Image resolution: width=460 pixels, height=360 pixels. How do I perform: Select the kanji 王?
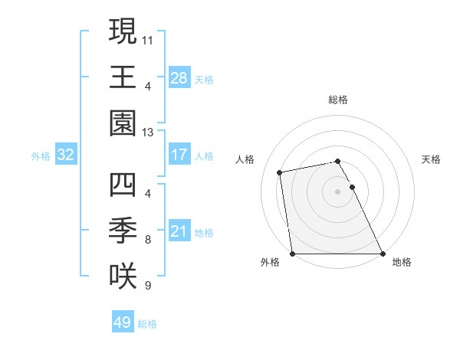coord(123,77)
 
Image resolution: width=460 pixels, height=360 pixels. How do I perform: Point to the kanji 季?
coord(123,230)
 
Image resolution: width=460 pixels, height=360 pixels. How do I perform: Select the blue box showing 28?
coord(179,78)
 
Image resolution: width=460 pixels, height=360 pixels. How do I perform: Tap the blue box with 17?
coord(179,155)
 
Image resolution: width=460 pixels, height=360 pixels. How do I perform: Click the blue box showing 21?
coord(179,231)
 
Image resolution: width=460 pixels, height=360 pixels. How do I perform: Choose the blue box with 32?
coord(66,155)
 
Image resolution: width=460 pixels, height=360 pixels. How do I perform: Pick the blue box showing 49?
coord(122,322)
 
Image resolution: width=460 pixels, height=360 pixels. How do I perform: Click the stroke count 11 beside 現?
coord(148,37)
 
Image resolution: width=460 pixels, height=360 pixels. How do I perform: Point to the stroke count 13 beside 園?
coord(148,132)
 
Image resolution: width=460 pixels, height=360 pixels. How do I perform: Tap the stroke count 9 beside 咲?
coord(147,286)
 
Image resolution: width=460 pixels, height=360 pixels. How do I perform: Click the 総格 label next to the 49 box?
coord(147,324)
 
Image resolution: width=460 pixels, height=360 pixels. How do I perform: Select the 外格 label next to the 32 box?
coord(41,156)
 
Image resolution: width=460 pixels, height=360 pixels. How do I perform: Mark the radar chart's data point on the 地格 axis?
coord(383,254)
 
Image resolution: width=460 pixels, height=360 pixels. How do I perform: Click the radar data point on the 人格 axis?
coord(281,172)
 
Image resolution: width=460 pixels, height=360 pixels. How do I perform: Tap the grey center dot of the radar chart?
coord(337,191)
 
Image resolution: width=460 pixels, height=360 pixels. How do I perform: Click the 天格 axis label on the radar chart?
coord(431,159)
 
